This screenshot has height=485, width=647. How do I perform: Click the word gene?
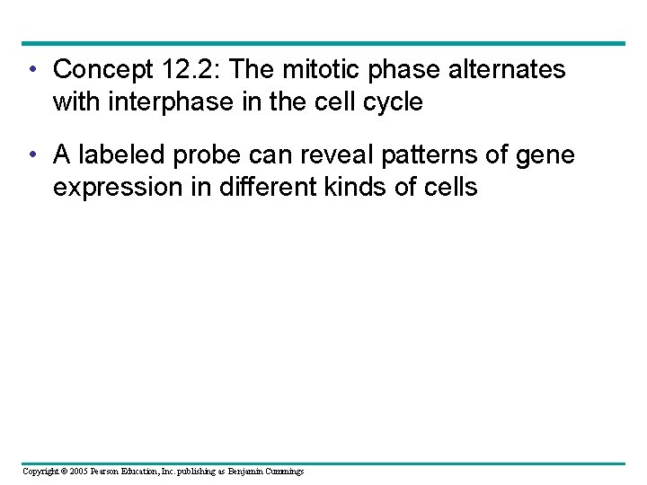coord(544,155)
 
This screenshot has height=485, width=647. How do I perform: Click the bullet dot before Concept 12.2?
coord(32,69)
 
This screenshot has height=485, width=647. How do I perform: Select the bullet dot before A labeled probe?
coord(32,155)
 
